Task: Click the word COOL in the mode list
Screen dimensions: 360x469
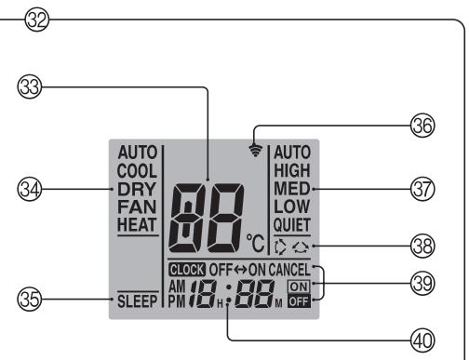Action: pyautogui.click(x=136, y=169)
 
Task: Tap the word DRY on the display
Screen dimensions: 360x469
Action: pyautogui.click(x=134, y=187)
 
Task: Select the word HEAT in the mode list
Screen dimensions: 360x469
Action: pyautogui.click(x=136, y=223)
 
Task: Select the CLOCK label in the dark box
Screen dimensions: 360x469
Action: pyautogui.click(x=186, y=270)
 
